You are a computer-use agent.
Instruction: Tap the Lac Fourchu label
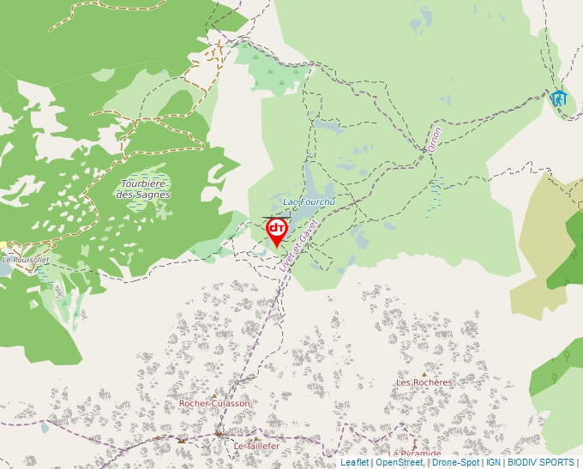[307, 201]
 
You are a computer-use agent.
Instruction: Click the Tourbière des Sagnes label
[145, 189]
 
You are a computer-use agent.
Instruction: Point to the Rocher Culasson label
[214, 403]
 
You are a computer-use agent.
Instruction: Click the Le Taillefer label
[257, 447]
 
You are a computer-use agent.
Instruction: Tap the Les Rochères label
[424, 382]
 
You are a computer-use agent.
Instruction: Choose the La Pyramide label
[415, 453]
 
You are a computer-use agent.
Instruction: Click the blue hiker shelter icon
[559, 99]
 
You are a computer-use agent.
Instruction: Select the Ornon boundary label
[435, 141]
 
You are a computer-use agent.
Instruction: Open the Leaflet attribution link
[354, 462]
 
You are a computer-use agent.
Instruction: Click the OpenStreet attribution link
[400, 462]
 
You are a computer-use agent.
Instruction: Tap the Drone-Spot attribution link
[455, 462]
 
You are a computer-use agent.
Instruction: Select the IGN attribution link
[493, 462]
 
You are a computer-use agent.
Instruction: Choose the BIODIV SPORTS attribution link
[541, 462]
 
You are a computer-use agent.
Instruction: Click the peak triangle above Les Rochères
[424, 374]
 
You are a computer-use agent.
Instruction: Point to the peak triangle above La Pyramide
[415, 444]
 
